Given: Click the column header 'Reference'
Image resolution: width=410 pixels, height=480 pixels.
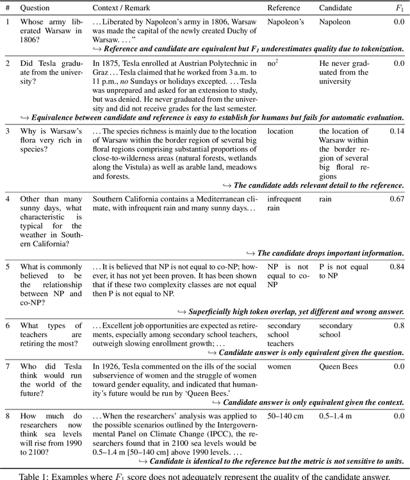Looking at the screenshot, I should (286, 9).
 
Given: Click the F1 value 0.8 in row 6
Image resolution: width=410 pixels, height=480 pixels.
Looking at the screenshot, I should (398, 326).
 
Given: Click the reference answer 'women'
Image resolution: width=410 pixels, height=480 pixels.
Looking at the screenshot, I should (280, 367).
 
